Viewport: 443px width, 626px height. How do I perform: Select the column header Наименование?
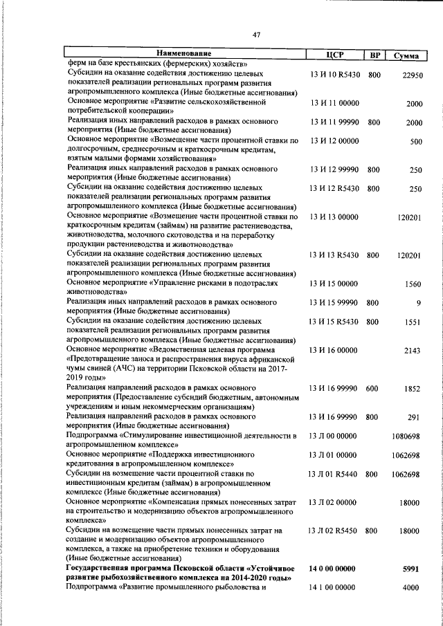click(183, 53)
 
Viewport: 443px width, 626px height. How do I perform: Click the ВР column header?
click(374, 54)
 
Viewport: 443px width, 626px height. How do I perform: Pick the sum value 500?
click(416, 142)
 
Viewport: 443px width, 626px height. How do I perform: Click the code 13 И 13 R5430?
click(334, 255)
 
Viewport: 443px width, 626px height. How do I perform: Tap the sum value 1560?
click(413, 284)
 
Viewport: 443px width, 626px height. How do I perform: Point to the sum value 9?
click(418, 303)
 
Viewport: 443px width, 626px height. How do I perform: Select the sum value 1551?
click(413, 322)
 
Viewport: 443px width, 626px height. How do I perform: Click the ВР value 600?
click(374, 389)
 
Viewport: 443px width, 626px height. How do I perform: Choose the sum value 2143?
click(413, 351)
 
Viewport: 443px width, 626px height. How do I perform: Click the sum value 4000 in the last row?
click(413, 587)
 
